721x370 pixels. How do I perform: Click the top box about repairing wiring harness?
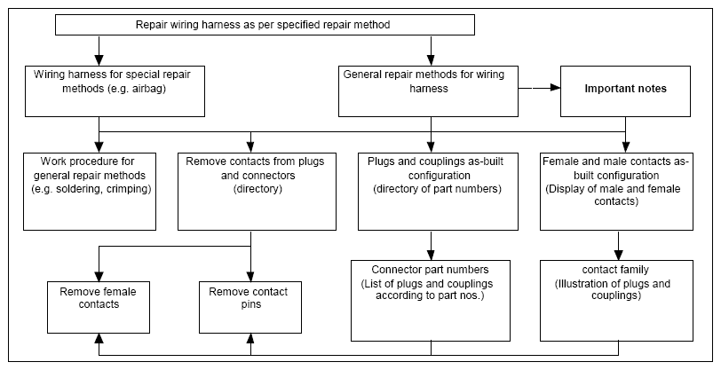click(x=265, y=25)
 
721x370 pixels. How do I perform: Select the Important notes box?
click(x=625, y=91)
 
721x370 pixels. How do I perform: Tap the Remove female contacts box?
click(x=99, y=307)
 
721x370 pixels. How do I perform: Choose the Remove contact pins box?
click(x=250, y=307)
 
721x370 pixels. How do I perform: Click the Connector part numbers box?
click(x=431, y=301)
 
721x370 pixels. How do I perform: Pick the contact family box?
click(x=616, y=301)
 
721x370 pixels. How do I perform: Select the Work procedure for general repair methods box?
click(x=90, y=191)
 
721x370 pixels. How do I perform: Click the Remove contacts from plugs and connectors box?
click(x=257, y=191)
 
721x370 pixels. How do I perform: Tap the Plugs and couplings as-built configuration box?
click(x=438, y=191)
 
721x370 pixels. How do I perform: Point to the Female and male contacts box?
click(x=616, y=191)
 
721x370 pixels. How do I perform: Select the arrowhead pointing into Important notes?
click(x=555, y=87)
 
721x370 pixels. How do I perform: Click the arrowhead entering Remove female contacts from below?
click(x=99, y=339)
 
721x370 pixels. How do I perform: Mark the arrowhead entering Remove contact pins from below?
click(x=250, y=339)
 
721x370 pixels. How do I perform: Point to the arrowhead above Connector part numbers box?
click(x=431, y=255)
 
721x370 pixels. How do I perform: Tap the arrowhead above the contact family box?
click(x=619, y=255)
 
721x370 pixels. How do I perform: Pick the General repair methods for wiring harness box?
click(x=428, y=91)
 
